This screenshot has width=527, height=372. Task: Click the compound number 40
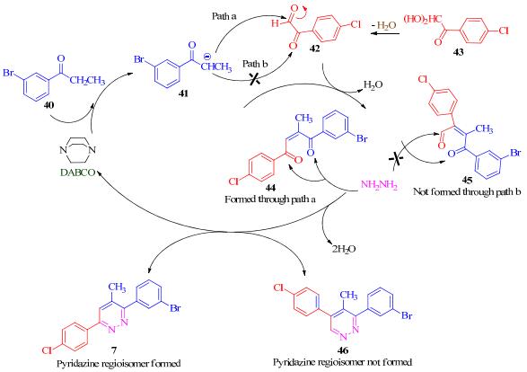point(48,106)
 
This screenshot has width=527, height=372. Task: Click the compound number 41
point(183,93)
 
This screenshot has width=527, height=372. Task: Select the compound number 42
point(314,49)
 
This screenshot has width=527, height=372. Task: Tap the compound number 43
point(459,52)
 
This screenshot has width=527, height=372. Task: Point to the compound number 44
point(270,188)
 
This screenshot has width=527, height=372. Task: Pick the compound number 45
point(467,181)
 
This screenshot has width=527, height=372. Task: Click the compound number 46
point(343,350)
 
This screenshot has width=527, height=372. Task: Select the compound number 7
point(114,350)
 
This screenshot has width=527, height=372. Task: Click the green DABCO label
point(77,173)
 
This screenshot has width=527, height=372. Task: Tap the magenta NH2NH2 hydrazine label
point(379,185)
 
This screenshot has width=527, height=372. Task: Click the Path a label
point(224,16)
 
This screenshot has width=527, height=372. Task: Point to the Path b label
point(255,64)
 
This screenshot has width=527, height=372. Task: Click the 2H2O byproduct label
point(344,249)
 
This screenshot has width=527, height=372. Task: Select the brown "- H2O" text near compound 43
point(384,25)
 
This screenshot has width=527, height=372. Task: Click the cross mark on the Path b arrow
point(255,79)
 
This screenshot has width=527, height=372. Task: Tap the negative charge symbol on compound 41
point(207,57)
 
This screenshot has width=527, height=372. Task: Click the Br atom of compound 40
point(9,72)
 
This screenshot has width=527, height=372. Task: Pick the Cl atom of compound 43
point(503,31)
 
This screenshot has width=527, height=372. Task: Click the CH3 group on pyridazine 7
point(117,288)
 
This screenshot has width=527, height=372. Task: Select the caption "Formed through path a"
point(270,199)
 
